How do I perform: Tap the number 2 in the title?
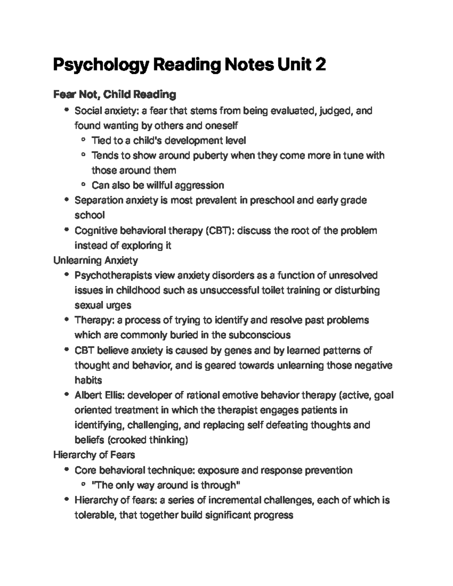320,65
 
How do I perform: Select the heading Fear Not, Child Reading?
114,94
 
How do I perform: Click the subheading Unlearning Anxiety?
96,260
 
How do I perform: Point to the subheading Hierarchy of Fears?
94,455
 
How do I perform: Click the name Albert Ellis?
99,395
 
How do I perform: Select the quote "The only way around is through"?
166,485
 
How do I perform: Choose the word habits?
88,380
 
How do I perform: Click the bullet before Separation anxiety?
67,200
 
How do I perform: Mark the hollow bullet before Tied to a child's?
83,141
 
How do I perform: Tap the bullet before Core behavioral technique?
67,470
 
